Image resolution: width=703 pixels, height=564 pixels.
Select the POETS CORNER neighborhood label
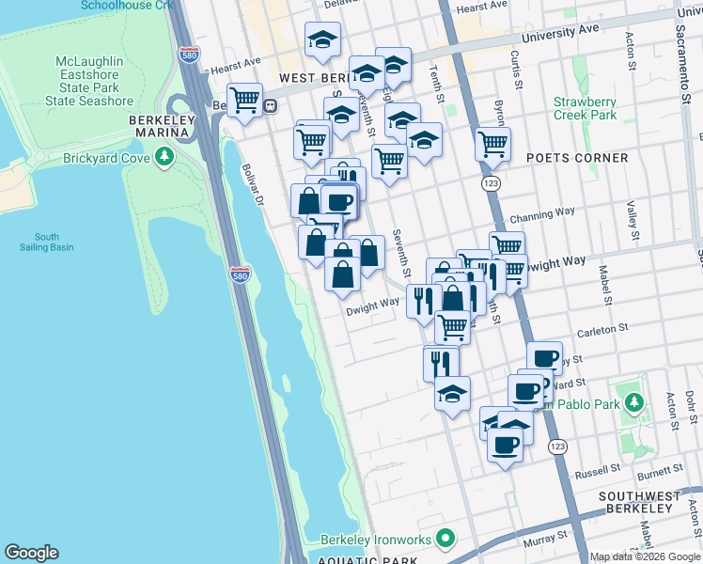pos(577,157)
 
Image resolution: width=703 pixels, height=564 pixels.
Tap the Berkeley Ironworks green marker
pos(445,540)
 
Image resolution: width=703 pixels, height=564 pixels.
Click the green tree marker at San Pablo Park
pos(634,403)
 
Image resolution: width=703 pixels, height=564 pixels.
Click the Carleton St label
pos(601,330)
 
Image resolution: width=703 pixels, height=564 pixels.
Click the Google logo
pos(31,553)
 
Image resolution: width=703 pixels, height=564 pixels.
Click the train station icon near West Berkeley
pos(270,105)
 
